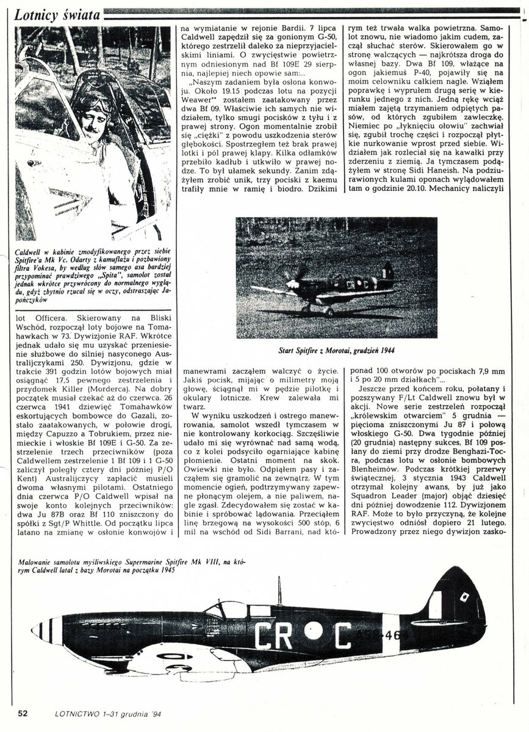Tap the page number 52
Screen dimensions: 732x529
[23, 713]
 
